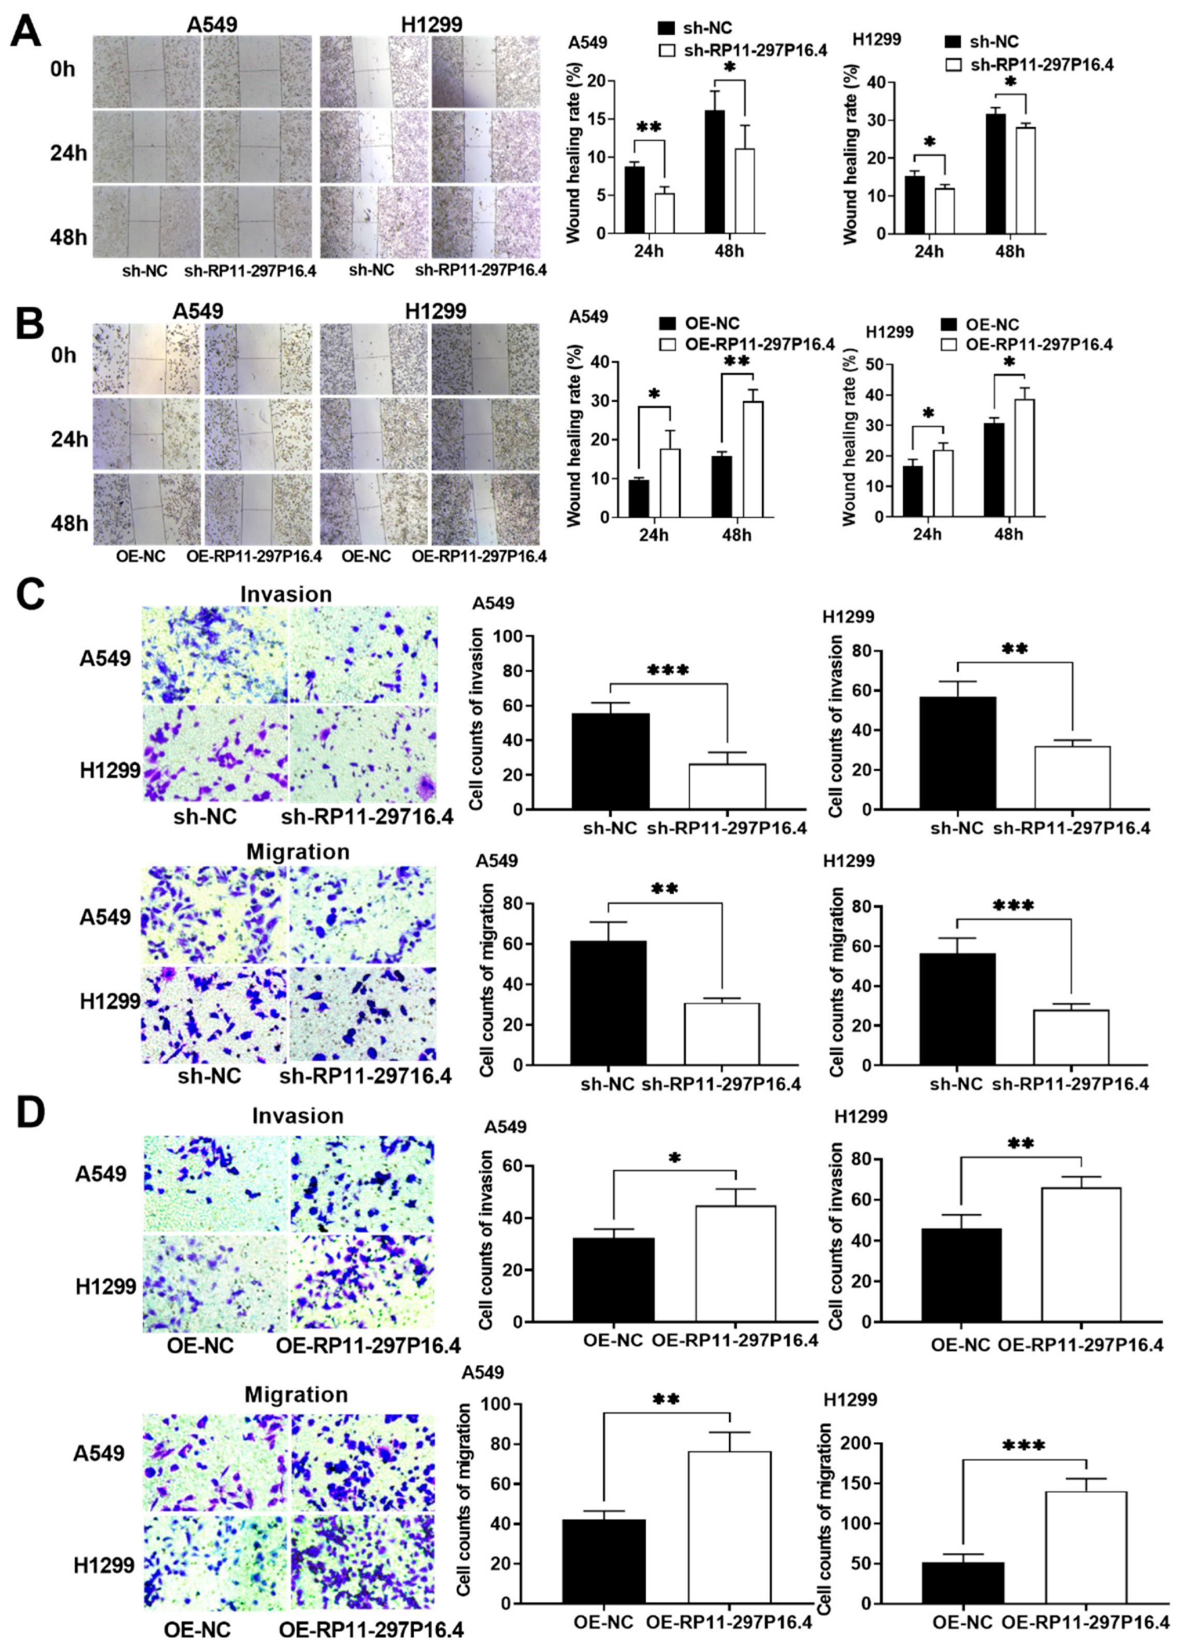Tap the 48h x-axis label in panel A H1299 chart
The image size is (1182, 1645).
click(1010, 251)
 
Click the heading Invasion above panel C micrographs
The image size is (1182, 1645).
click(286, 594)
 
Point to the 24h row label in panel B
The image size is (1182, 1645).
click(68, 440)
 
